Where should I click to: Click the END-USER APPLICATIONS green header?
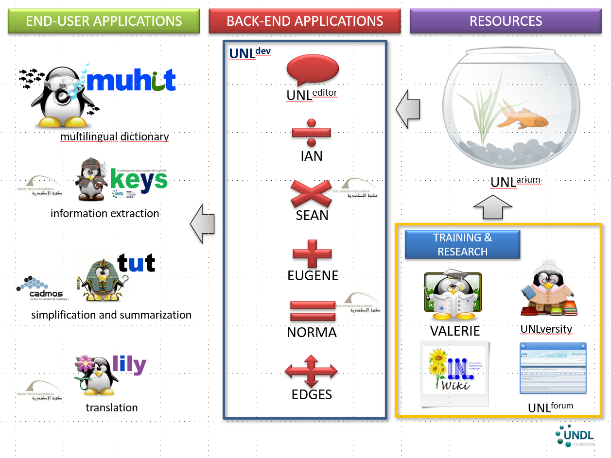point(104,21)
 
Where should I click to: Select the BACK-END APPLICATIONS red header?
point(305,21)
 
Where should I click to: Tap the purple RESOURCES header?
point(506,21)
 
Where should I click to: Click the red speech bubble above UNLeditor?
point(312,71)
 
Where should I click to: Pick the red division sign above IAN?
point(311,132)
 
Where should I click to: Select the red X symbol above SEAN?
point(311,194)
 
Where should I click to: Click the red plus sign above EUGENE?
point(312,254)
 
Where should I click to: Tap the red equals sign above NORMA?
point(313,311)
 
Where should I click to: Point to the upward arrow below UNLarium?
point(492,207)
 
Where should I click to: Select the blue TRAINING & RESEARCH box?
point(462,244)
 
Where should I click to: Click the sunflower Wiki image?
point(454,373)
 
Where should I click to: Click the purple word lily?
point(129,364)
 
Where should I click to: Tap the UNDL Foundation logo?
point(574,436)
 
